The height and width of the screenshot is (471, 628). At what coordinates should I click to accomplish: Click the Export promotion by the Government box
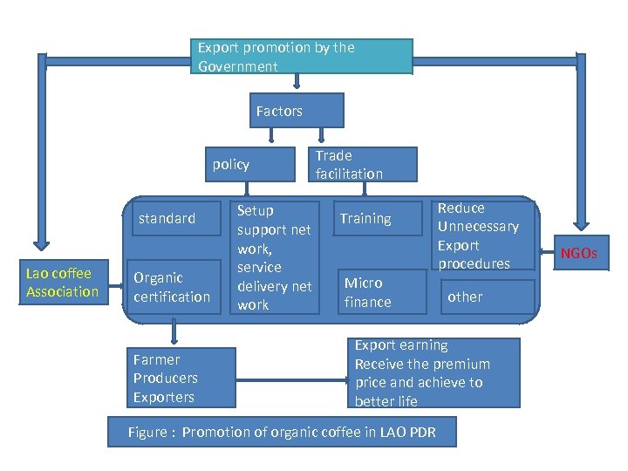pyautogui.click(x=302, y=57)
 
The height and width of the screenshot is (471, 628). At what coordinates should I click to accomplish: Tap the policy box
pyautogui.click(x=231, y=164)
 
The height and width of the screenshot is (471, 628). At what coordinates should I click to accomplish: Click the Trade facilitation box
pyautogui.click(x=365, y=164)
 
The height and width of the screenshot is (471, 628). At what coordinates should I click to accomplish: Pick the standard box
pyautogui.click(x=172, y=218)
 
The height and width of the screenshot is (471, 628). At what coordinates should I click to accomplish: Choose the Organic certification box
pyautogui.click(x=172, y=287)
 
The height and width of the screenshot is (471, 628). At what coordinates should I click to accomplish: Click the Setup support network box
pyautogui.click(x=274, y=257)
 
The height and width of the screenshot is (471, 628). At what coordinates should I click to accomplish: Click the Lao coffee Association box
pyautogui.click(x=62, y=283)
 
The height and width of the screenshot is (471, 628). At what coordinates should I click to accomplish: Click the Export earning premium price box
pyautogui.click(x=433, y=373)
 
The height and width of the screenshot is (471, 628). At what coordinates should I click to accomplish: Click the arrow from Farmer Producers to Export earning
pyautogui.click(x=292, y=379)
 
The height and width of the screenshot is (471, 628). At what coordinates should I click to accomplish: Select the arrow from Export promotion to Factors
pyautogui.click(x=297, y=83)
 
